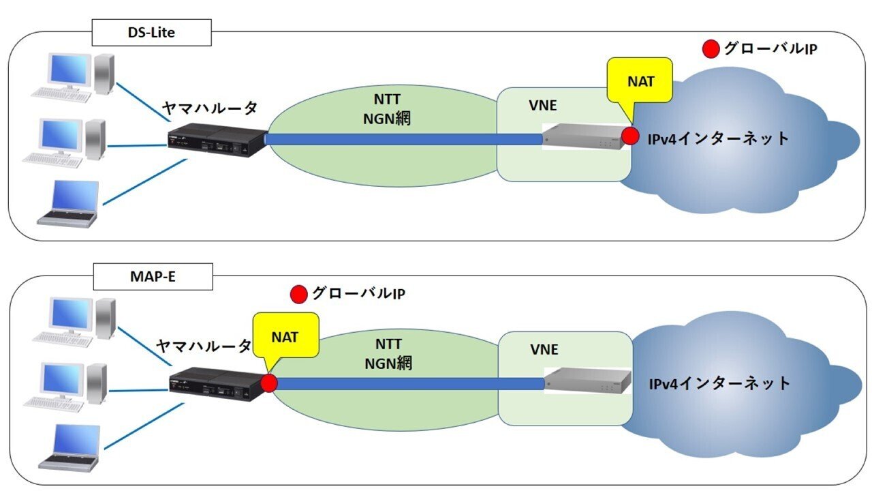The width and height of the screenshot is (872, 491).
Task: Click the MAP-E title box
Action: tap(151, 278)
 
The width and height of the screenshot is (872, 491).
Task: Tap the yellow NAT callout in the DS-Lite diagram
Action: tap(641, 80)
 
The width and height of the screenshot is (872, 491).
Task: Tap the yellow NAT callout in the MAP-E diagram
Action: tap(285, 336)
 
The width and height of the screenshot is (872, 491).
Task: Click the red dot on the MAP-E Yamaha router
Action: tap(269, 383)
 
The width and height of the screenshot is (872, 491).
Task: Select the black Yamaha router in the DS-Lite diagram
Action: tap(216, 140)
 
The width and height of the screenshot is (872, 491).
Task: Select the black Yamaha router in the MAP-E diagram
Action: tap(217, 385)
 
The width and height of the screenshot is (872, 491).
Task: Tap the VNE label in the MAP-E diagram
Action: tap(544, 350)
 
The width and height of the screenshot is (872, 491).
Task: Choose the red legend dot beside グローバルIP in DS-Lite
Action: tap(711, 49)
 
